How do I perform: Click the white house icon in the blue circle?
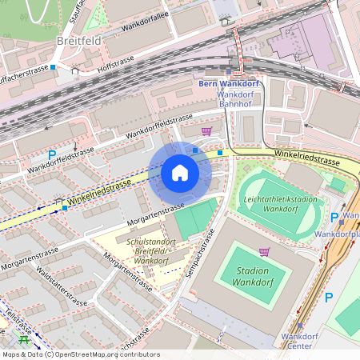[180, 173]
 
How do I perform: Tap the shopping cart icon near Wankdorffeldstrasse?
[207, 131]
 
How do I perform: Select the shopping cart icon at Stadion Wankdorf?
[265, 252]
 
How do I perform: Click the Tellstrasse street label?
[18, 319]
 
